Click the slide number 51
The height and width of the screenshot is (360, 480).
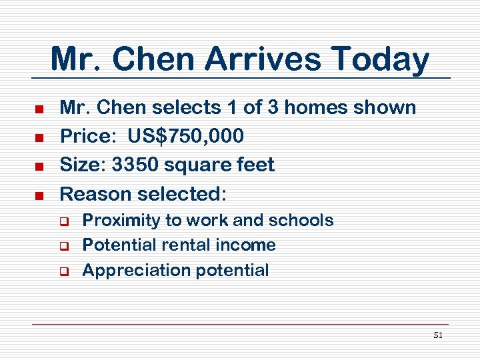coord(437,335)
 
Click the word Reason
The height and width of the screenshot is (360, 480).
coord(95,194)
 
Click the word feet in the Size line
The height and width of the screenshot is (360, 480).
coord(256,165)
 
